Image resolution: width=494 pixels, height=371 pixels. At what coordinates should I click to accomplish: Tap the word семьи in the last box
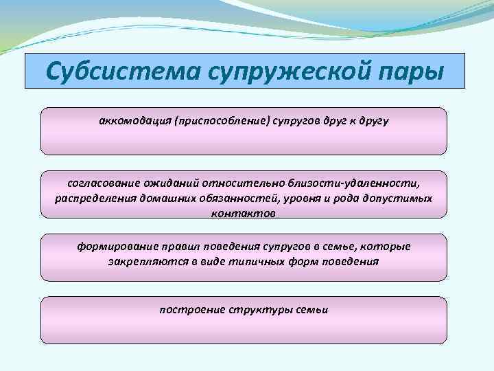(313, 310)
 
